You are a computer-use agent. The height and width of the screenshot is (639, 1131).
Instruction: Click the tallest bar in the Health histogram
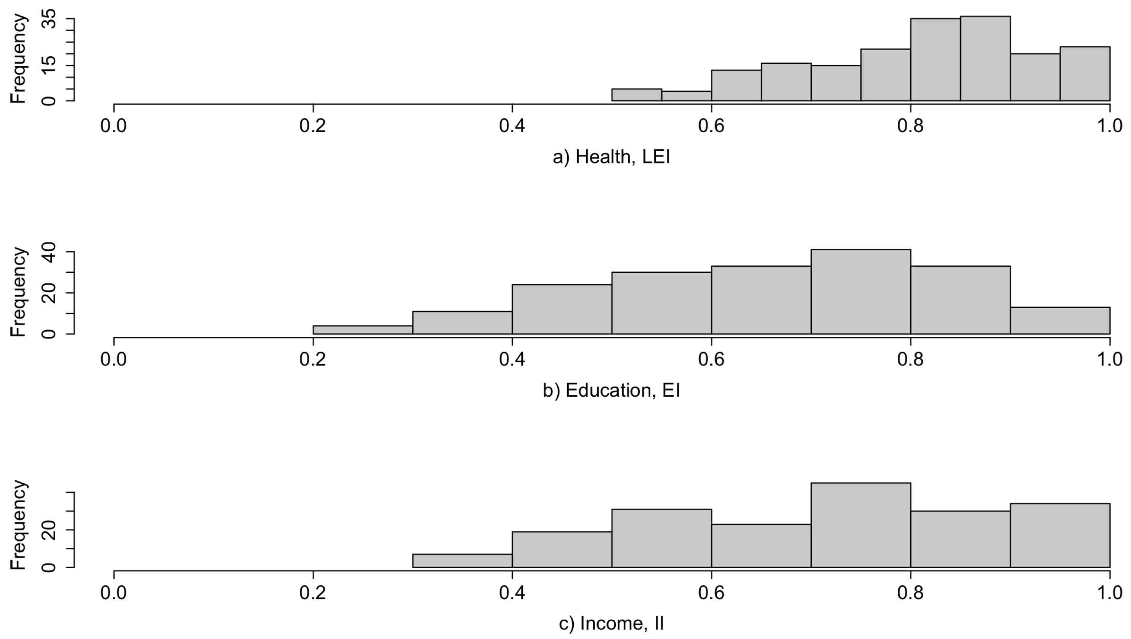click(985, 59)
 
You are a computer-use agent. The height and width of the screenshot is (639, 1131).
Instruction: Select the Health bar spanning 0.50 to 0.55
click(636, 95)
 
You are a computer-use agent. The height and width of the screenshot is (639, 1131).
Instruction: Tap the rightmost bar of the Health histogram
click(1084, 74)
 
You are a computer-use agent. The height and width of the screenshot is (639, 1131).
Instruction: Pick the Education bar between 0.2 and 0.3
click(362, 330)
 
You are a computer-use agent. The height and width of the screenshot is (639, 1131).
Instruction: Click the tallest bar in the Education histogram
click(860, 291)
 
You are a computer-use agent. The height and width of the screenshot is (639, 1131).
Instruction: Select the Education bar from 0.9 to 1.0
click(1060, 321)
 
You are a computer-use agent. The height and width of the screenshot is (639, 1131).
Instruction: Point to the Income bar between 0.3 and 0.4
click(462, 561)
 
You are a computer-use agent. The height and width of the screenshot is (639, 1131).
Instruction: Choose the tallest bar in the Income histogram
click(860, 525)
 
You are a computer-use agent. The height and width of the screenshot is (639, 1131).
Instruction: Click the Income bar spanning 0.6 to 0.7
click(761, 545)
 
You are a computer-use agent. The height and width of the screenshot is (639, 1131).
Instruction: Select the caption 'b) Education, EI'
click(611, 391)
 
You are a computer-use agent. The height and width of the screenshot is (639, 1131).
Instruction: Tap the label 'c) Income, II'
click(611, 623)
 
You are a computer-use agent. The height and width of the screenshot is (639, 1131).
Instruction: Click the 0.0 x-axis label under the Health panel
click(114, 126)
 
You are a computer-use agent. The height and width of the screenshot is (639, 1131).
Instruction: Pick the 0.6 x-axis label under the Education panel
click(711, 359)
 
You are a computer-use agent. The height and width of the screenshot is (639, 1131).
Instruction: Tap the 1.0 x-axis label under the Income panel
click(1109, 592)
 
